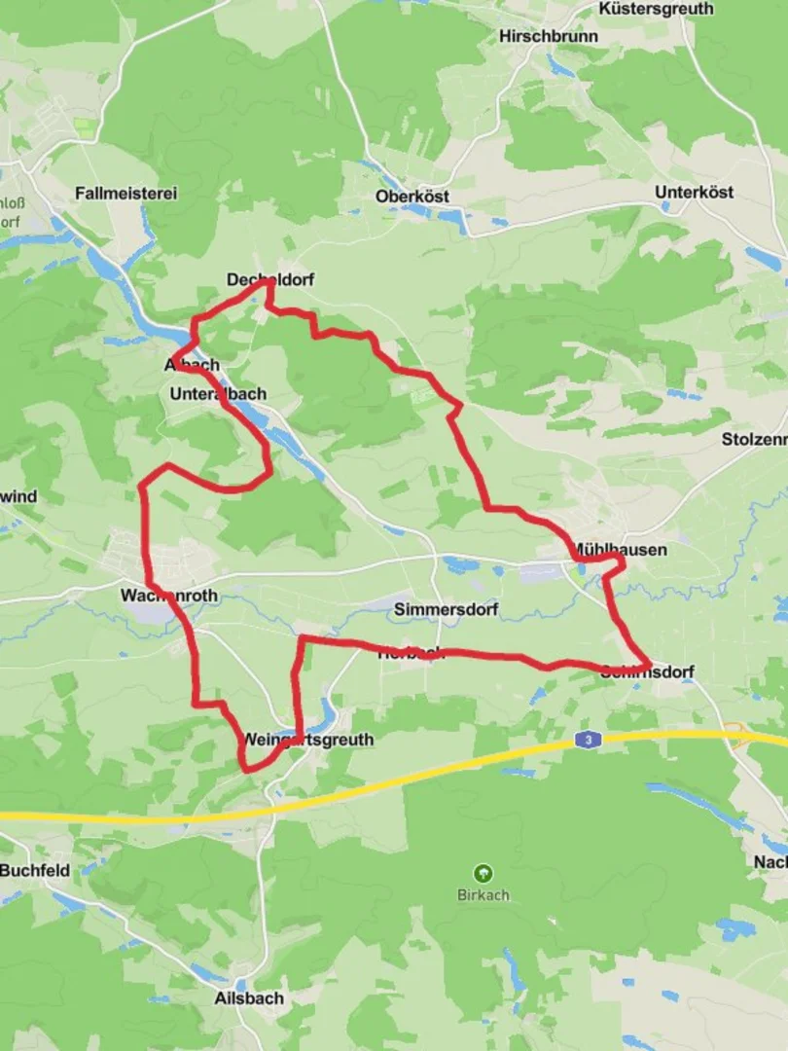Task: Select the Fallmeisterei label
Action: [x=125, y=194]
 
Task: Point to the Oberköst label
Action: [x=412, y=197]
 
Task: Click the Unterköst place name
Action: [x=694, y=193]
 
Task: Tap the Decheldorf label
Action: [x=270, y=280]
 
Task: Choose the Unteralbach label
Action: [x=217, y=394]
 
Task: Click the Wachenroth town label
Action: [x=169, y=595]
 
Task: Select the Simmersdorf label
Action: [x=447, y=610]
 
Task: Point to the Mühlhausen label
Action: [x=620, y=550]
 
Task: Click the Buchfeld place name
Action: [x=35, y=870]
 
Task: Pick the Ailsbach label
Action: [x=249, y=997]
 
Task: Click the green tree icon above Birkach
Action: [x=483, y=873]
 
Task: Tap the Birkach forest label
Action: [x=483, y=894]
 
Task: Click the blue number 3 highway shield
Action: [x=587, y=740]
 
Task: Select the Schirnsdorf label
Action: [x=647, y=671]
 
